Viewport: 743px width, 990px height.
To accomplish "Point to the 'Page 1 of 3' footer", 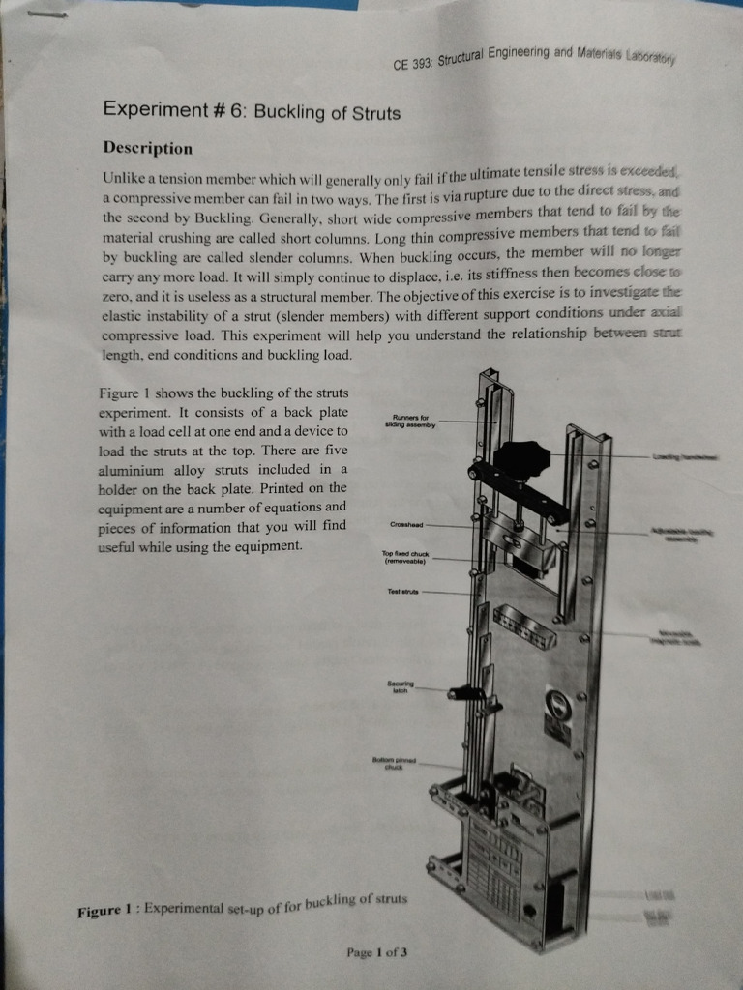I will (x=376, y=951).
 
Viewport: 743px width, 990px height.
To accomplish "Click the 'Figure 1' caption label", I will (x=107, y=912).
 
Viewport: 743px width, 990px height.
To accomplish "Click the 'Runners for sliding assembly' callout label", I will (x=411, y=422).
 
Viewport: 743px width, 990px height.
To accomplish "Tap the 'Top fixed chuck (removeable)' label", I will (x=405, y=557).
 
